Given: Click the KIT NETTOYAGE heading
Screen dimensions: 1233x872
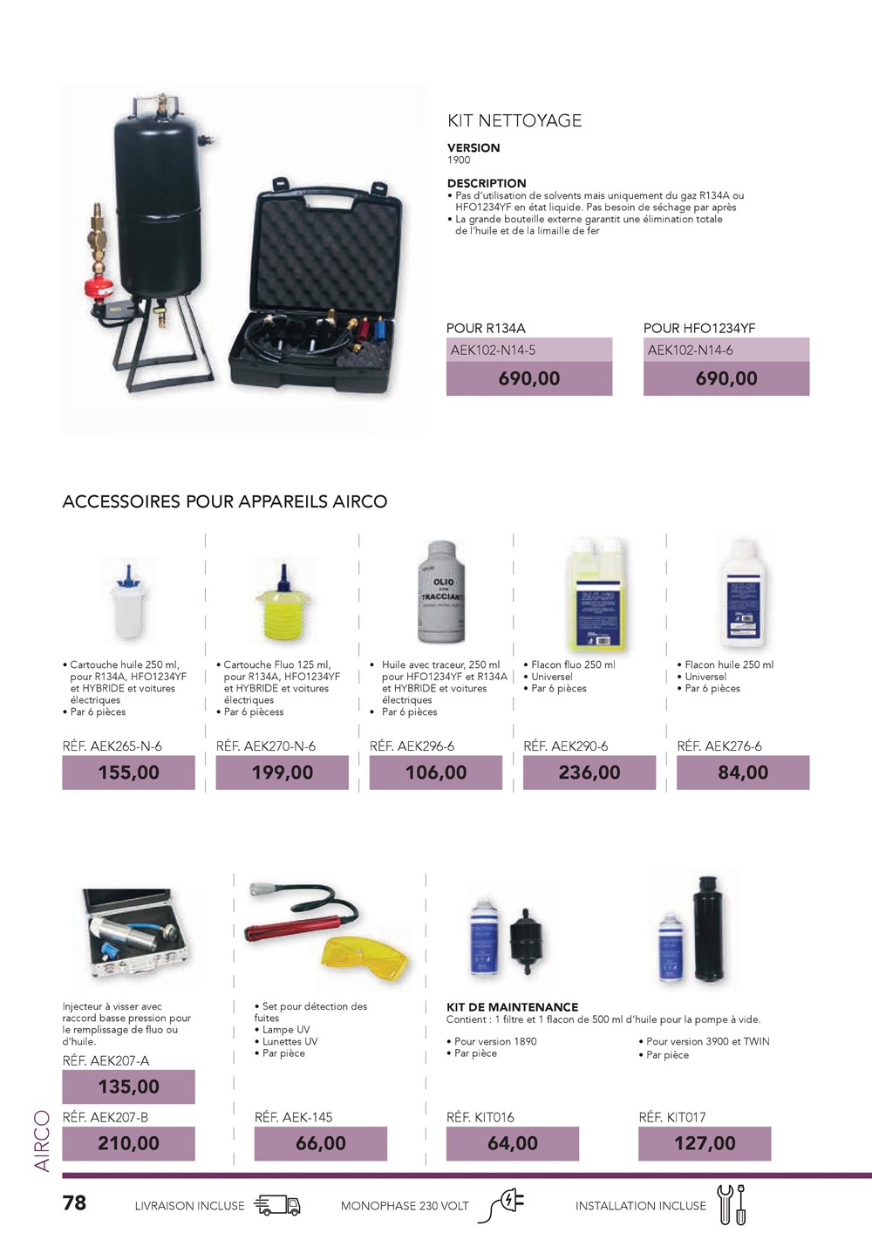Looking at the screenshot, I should point(514,121).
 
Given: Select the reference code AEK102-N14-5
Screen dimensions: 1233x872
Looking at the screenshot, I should point(494,351).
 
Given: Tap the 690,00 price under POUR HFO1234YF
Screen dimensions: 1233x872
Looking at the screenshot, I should point(726,378).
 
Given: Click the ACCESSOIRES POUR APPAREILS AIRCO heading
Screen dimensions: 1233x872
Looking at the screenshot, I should point(225,502).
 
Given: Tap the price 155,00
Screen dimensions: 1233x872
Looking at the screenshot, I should point(129,773).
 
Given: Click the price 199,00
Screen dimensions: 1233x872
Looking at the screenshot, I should point(283,773).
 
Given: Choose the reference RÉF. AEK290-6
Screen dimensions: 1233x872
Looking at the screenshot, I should point(566,746).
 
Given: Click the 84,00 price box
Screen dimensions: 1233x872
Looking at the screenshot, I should point(743,773).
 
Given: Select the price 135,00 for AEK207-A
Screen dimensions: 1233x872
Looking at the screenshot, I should point(129,1087).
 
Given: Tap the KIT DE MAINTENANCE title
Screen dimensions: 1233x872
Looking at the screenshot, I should point(513,1007).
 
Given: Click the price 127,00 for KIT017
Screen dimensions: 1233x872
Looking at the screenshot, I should point(705,1143).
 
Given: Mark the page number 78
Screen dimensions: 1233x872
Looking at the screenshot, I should point(74,1203).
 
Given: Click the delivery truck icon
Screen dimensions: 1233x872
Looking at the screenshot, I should point(277,1205).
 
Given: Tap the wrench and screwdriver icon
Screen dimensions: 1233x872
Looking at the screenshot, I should point(731,1204).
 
